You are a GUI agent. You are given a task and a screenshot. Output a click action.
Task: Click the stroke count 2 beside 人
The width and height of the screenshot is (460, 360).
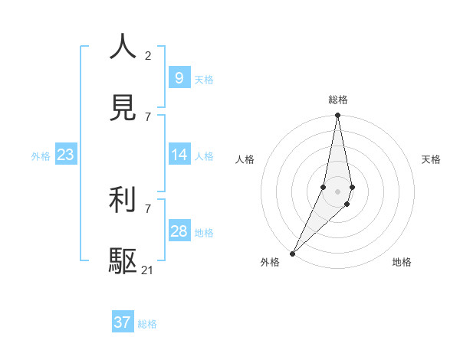click(148, 55)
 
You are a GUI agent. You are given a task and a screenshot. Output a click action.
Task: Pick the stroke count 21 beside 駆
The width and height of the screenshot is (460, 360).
click(148, 270)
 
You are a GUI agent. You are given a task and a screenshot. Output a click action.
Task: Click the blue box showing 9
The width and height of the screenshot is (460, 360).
click(179, 77)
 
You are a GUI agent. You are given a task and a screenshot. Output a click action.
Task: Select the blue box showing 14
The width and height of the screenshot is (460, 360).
click(179, 155)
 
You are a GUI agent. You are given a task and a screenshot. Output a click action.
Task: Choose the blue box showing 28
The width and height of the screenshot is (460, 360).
click(179, 231)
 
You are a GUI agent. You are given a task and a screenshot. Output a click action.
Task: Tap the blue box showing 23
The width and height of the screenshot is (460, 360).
click(65, 155)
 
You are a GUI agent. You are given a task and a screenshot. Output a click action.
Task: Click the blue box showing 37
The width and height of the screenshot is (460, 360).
click(122, 322)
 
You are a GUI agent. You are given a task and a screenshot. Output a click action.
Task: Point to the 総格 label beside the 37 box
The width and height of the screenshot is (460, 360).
click(147, 324)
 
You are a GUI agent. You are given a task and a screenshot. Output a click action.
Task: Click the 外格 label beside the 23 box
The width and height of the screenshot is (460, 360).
click(41, 156)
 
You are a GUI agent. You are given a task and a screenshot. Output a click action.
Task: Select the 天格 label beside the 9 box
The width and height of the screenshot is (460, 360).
click(204, 79)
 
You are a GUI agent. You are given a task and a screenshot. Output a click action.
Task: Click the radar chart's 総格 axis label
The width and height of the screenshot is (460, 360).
click(337, 100)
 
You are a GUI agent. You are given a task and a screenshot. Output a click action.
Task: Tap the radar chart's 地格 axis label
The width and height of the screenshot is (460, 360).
click(402, 262)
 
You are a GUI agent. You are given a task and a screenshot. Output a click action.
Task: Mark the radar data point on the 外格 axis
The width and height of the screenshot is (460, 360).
click(292, 253)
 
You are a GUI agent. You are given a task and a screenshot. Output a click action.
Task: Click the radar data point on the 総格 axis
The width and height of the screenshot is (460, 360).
click(337, 115)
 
